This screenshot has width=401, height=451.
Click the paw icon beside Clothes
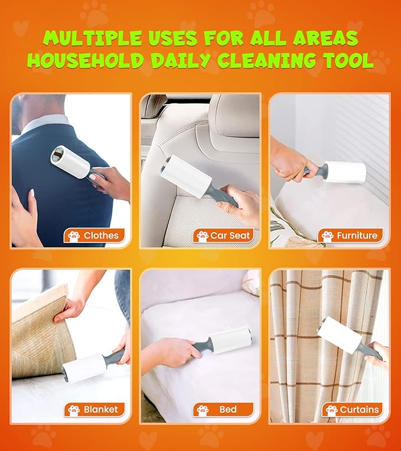pos(74,236)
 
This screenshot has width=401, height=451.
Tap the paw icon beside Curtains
pos(331,410)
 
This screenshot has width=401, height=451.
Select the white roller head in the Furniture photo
pos(345,172)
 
